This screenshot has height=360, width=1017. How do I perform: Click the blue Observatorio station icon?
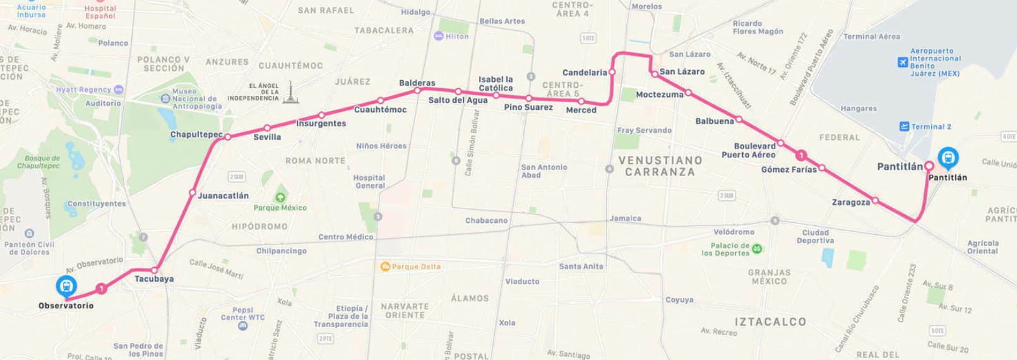[66, 286]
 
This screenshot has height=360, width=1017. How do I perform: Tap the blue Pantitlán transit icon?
[948, 156]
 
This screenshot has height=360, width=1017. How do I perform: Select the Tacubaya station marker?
[153, 270]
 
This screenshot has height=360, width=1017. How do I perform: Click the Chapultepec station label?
[196, 135]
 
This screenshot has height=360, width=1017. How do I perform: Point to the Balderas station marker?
[417, 90]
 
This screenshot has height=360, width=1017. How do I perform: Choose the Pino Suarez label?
[528, 107]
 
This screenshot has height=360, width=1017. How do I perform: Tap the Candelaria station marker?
[612, 72]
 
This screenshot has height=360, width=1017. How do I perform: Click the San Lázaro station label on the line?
[682, 71]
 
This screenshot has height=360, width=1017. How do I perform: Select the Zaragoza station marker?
[875, 200]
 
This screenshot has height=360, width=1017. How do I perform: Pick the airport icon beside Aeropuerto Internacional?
[903, 62]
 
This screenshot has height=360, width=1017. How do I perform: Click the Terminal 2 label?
[931, 126]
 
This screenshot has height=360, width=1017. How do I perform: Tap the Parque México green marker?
[280, 198]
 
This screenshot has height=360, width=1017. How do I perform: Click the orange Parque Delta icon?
[385, 267]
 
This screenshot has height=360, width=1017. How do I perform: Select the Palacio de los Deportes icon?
[757, 249]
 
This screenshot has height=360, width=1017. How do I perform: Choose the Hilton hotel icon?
[439, 36]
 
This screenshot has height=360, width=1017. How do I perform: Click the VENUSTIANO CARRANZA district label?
[660, 166]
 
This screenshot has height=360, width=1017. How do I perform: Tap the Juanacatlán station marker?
[193, 193]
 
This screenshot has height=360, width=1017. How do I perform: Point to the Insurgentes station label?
[321, 124]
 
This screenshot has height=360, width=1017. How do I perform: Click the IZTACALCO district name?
[770, 321]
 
